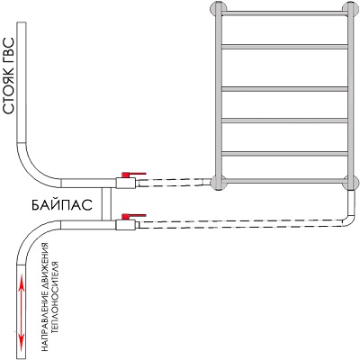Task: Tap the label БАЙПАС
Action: click(x=61, y=205)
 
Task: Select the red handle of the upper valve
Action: click(x=134, y=174)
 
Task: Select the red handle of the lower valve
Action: click(x=134, y=216)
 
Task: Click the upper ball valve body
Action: click(x=126, y=183)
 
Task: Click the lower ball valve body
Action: click(x=126, y=224)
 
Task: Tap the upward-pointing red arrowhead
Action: click(x=21, y=283)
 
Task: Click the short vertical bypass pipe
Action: click(x=106, y=204)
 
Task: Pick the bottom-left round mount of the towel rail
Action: click(x=219, y=183)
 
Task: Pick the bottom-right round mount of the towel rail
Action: click(x=351, y=183)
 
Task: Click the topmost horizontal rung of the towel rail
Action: click(x=284, y=13)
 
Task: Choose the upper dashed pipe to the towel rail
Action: click(x=174, y=183)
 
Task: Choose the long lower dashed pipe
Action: click(x=241, y=224)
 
